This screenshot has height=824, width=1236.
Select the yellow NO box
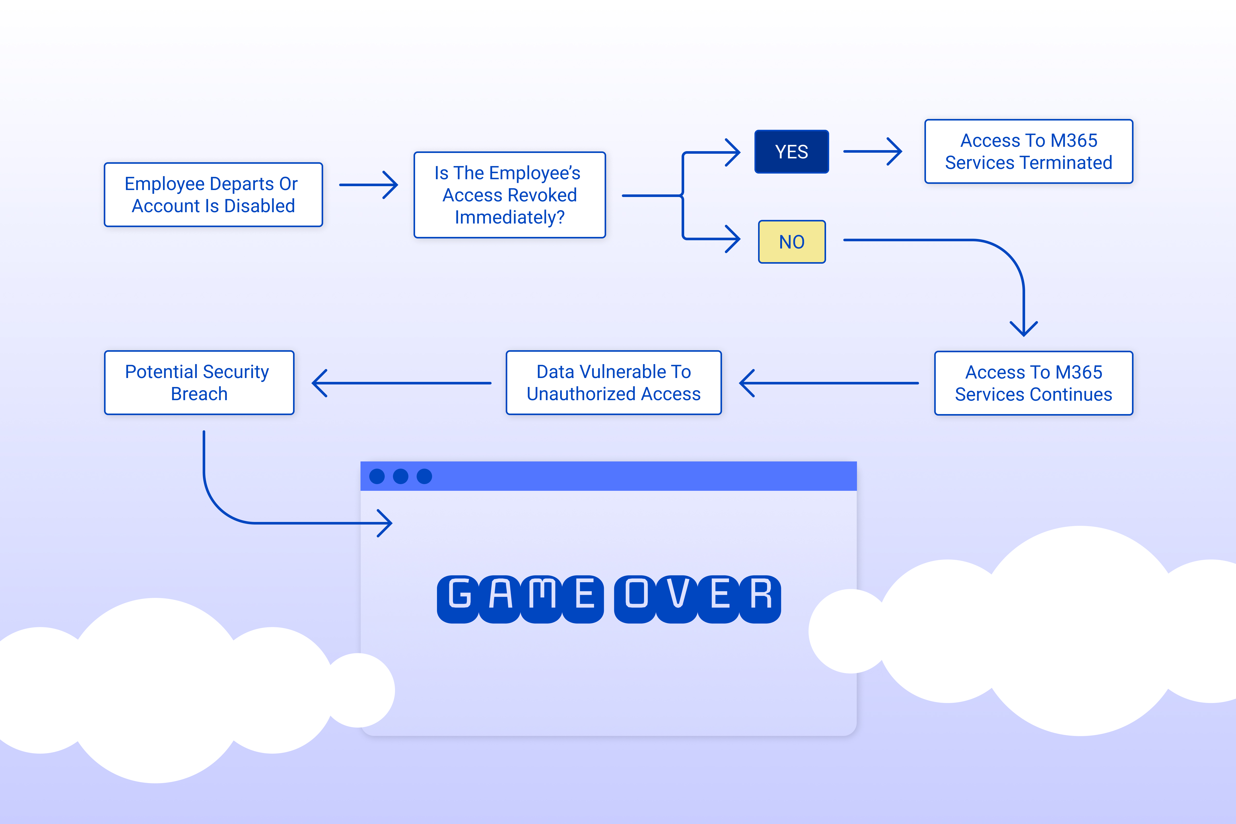tap(791, 242)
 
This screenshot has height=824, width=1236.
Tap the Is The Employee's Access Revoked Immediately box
tap(509, 195)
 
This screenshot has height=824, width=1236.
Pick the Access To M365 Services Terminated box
tap(1028, 151)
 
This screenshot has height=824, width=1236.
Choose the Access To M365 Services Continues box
tap(1033, 383)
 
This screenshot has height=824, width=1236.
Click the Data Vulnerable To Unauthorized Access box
tap(613, 383)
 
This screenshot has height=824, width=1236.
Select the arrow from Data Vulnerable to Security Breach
tap(401, 383)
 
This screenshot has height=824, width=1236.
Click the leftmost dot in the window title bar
tap(377, 476)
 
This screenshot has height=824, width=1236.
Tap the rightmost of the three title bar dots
tap(424, 476)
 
